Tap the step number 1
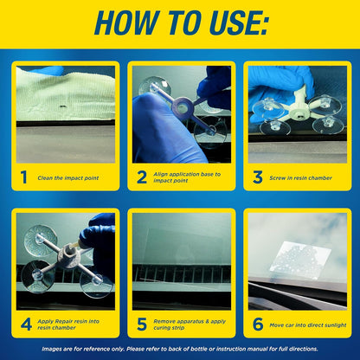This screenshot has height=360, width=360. coord(23,177)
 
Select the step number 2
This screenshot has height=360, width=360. coord(141,177)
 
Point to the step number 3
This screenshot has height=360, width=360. coord(258,177)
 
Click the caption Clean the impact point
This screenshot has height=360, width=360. coord(68,178)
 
